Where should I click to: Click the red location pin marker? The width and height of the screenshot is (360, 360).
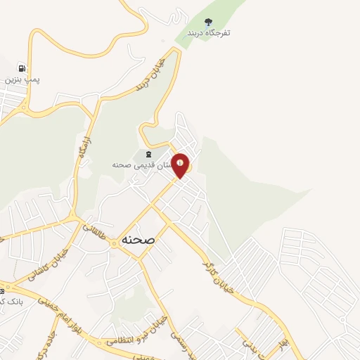[x=181, y=165]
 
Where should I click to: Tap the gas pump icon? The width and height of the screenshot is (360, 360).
[x=22, y=69]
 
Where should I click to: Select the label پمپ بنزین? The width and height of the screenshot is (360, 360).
[x=22, y=80]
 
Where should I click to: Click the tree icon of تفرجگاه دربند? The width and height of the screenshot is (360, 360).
[x=207, y=22]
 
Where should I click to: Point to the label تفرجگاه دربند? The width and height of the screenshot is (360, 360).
[x=208, y=33]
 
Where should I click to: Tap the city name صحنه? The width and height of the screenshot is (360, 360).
[x=139, y=239]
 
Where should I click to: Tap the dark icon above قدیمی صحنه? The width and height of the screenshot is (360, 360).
[x=148, y=154]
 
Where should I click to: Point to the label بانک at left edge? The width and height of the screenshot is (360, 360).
[x=10, y=302]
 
